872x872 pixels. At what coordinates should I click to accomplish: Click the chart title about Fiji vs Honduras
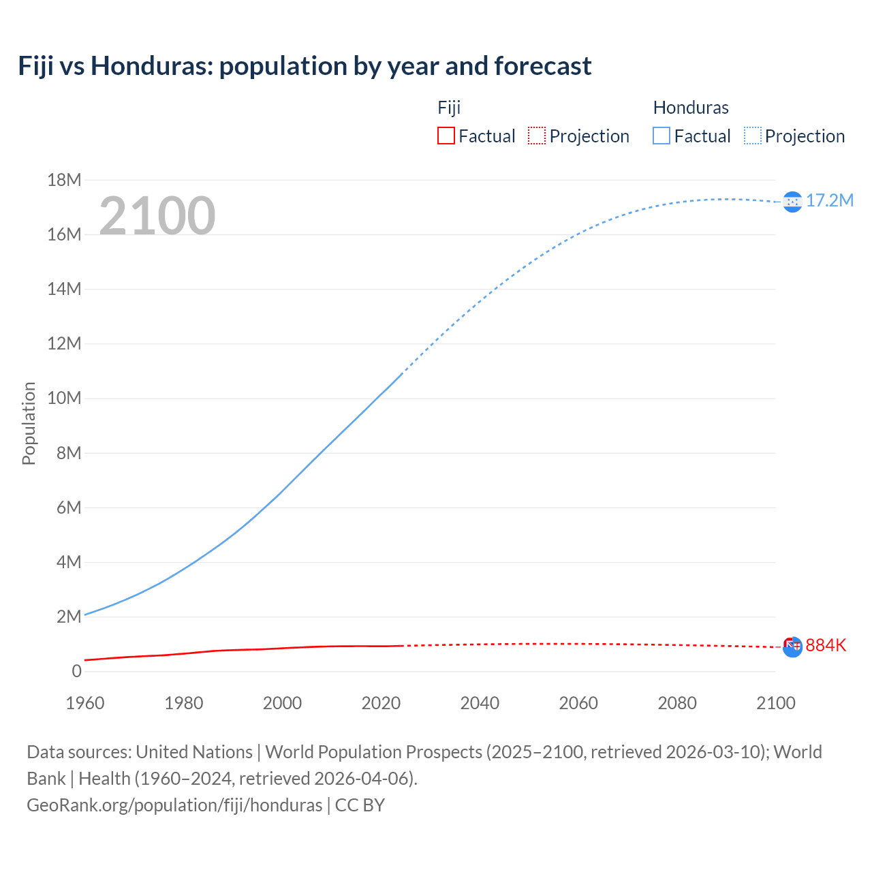click(305, 66)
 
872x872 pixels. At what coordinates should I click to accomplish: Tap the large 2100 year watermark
click(157, 216)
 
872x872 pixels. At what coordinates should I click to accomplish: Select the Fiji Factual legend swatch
click(446, 136)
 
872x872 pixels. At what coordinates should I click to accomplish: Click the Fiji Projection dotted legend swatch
click(537, 136)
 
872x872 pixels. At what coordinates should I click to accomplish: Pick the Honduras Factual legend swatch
click(661, 136)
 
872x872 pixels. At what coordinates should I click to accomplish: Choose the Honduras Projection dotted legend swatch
click(752, 136)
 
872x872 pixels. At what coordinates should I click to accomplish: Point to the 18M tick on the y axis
click(64, 180)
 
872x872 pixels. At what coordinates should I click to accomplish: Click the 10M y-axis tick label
click(64, 398)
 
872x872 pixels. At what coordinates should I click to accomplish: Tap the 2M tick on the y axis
click(68, 617)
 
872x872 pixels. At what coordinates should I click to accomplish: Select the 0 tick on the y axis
click(76, 671)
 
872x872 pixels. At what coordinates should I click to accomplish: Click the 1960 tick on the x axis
click(85, 703)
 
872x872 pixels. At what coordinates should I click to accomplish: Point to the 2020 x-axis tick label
click(381, 703)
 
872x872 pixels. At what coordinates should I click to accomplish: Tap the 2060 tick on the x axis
click(578, 703)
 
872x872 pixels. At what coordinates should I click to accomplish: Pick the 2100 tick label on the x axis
click(776, 703)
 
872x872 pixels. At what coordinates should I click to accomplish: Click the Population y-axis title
click(29, 423)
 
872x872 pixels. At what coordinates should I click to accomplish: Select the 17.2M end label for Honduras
click(830, 200)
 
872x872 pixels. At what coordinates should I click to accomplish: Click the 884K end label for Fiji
click(826, 645)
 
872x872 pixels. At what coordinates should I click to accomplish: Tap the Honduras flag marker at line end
click(792, 202)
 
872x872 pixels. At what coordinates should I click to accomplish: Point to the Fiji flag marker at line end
click(792, 647)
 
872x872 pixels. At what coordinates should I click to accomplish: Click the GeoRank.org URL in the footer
click(174, 805)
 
